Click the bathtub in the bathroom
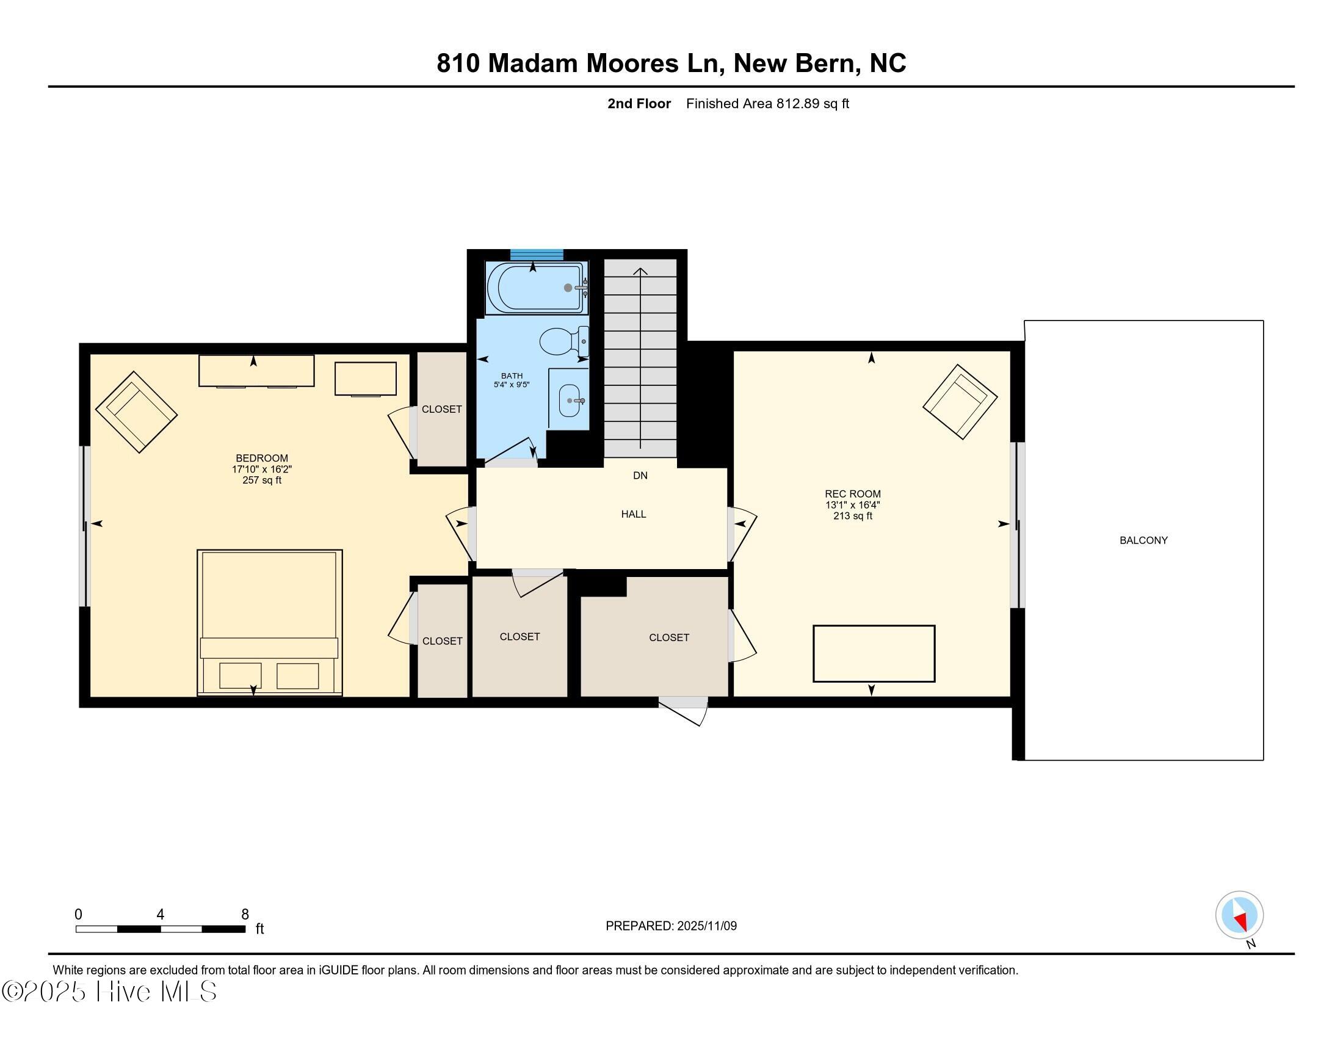pyautogui.click(x=534, y=288)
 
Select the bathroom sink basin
pyautogui.click(x=570, y=401)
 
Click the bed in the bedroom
pyautogui.click(x=269, y=622)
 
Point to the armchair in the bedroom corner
pyautogui.click(x=137, y=412)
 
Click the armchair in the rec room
pyautogui.click(x=959, y=401)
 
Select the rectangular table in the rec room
pyautogui.click(x=874, y=654)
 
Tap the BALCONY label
pyautogui.click(x=1143, y=540)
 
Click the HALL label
pyautogui.click(x=634, y=514)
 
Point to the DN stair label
pyautogui.click(x=640, y=475)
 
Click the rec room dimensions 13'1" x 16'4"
pyautogui.click(x=852, y=505)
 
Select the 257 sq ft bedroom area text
pyautogui.click(x=262, y=481)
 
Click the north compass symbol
pyautogui.click(x=1239, y=916)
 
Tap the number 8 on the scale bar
pyautogui.click(x=245, y=915)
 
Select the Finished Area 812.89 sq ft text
pyautogui.click(x=767, y=103)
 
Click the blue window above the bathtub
pyautogui.click(x=536, y=255)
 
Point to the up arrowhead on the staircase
pyautogui.click(x=641, y=271)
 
